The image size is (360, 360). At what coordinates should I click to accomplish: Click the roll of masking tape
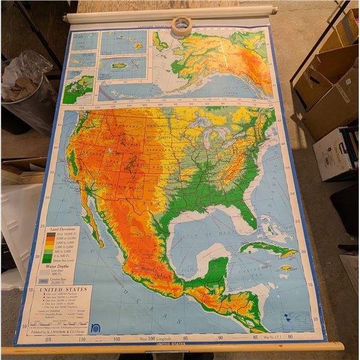click(x=182, y=25)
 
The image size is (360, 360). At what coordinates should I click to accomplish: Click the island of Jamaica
click(x=287, y=268)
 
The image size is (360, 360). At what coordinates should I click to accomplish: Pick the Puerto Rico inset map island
click(x=119, y=65)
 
